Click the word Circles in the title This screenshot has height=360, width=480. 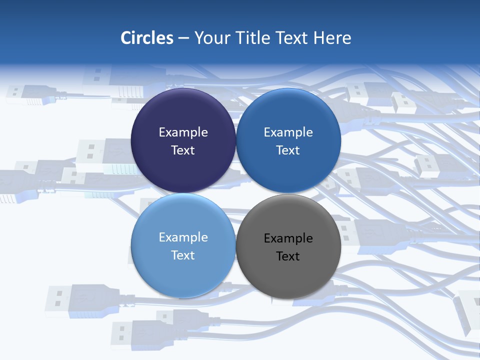click(147, 38)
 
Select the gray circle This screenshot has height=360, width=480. click(288, 270)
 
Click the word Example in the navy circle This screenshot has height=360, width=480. click(183, 132)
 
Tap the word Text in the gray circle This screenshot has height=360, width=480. click(288, 256)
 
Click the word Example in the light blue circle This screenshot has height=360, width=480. click(183, 237)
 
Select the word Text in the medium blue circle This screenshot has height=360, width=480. click(288, 150)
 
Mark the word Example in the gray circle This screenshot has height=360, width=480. click(288, 238)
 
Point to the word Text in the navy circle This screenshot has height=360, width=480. click(183, 150)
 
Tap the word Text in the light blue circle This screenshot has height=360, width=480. click(183, 255)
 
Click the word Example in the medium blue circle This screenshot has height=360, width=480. click(288, 132)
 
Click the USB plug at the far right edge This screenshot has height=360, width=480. click(467, 310)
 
